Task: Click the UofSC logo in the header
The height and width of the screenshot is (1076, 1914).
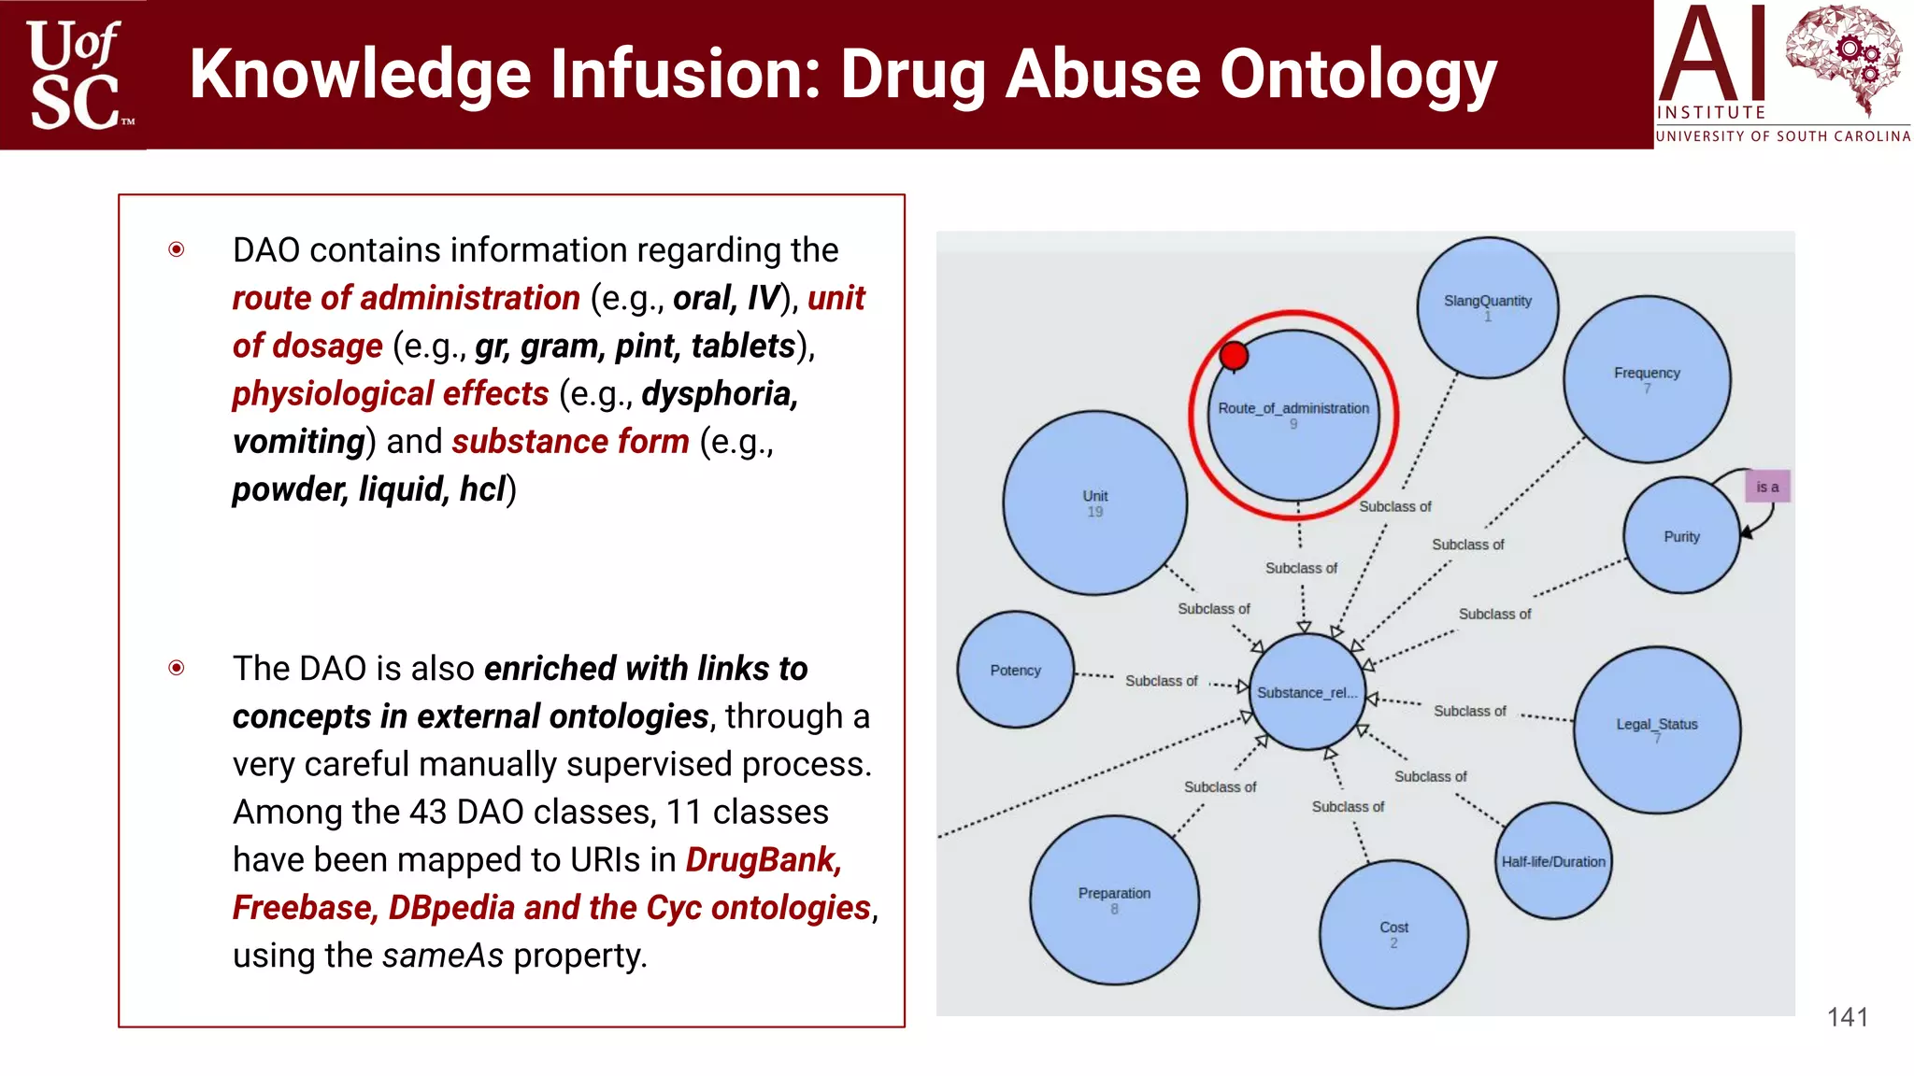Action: click(x=74, y=75)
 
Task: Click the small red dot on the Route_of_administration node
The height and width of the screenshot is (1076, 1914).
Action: click(x=1234, y=356)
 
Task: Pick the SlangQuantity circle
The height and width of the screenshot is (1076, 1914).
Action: click(x=1487, y=307)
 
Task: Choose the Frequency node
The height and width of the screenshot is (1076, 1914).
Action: click(x=1647, y=378)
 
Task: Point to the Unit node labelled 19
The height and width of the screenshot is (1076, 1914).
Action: click(x=1094, y=503)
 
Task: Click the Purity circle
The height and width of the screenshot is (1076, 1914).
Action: click(x=1681, y=536)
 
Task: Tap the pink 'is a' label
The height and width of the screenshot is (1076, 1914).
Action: click(x=1767, y=487)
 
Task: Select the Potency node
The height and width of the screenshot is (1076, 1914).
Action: click(x=1015, y=670)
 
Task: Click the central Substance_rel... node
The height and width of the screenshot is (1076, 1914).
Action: click(x=1307, y=692)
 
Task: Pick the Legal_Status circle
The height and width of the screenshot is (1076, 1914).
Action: click(x=1657, y=729)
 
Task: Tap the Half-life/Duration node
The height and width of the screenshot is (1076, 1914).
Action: click(x=1553, y=861)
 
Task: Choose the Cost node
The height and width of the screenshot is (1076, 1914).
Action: click(x=1393, y=934)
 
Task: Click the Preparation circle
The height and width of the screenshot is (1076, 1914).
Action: click(x=1114, y=899)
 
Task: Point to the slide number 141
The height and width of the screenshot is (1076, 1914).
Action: click(x=1847, y=1017)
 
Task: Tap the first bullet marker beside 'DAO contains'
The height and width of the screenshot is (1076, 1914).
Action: click(x=177, y=249)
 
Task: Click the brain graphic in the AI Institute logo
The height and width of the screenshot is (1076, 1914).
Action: click(x=1842, y=58)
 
